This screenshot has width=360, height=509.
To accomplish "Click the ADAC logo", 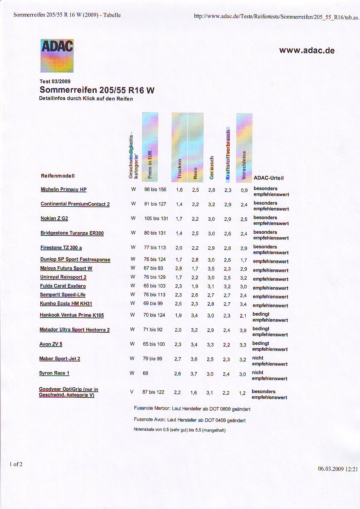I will coord(57,56).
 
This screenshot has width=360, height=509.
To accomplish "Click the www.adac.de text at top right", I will coord(307,51).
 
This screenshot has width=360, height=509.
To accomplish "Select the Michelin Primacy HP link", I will coord(64,189).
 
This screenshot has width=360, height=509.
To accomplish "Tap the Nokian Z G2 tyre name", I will coord(54,218).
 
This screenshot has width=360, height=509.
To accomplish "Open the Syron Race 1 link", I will coord(54,373).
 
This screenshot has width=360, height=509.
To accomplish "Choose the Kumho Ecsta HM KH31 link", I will coord(66,303).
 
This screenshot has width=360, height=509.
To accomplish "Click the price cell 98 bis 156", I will coord(155,190).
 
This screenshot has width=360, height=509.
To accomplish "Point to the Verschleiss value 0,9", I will coord(244,190).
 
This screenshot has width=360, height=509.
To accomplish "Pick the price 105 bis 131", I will coord(156,218).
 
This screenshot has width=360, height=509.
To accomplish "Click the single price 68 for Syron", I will coord(145,373).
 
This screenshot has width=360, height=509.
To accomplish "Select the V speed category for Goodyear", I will coord(132,392).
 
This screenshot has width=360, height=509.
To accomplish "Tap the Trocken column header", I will coord(179,168).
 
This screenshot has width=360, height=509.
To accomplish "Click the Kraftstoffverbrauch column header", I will coord(228,154).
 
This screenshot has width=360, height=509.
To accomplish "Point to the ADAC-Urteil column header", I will coord(269,178).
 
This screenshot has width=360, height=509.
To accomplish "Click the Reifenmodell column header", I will coord(58,176).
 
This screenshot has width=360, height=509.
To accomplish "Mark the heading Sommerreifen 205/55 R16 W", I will coord(97,90).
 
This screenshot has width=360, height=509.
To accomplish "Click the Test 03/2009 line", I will coord(55,81).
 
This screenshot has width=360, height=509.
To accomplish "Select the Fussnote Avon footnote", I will coord(190,420).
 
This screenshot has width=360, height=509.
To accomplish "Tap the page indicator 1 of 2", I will coord(16,464).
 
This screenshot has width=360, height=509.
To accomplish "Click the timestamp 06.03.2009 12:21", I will coord(338,469).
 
